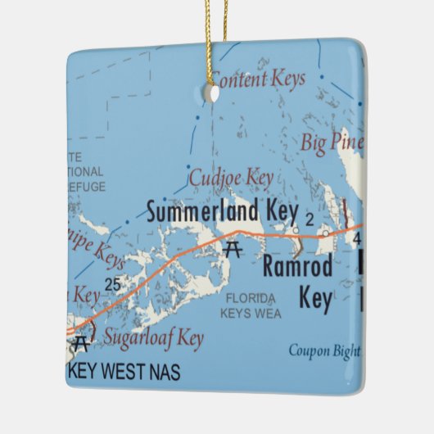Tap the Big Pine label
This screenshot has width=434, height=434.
[331, 140]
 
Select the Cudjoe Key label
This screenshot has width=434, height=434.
[230, 177]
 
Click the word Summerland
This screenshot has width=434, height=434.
[203, 211]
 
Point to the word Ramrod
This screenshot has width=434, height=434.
[297, 266]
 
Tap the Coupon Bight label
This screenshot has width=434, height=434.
[323, 351]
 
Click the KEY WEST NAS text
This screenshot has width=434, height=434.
[124, 371]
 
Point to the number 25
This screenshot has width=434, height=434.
[113, 283]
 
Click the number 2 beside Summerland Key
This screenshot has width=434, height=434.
[309, 218]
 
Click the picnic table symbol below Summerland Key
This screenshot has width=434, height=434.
[233, 247]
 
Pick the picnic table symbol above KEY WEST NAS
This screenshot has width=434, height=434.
[79, 342]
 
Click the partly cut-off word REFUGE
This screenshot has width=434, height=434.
[86, 188]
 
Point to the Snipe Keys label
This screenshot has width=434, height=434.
[99, 254]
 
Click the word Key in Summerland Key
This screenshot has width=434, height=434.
[279, 211]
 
